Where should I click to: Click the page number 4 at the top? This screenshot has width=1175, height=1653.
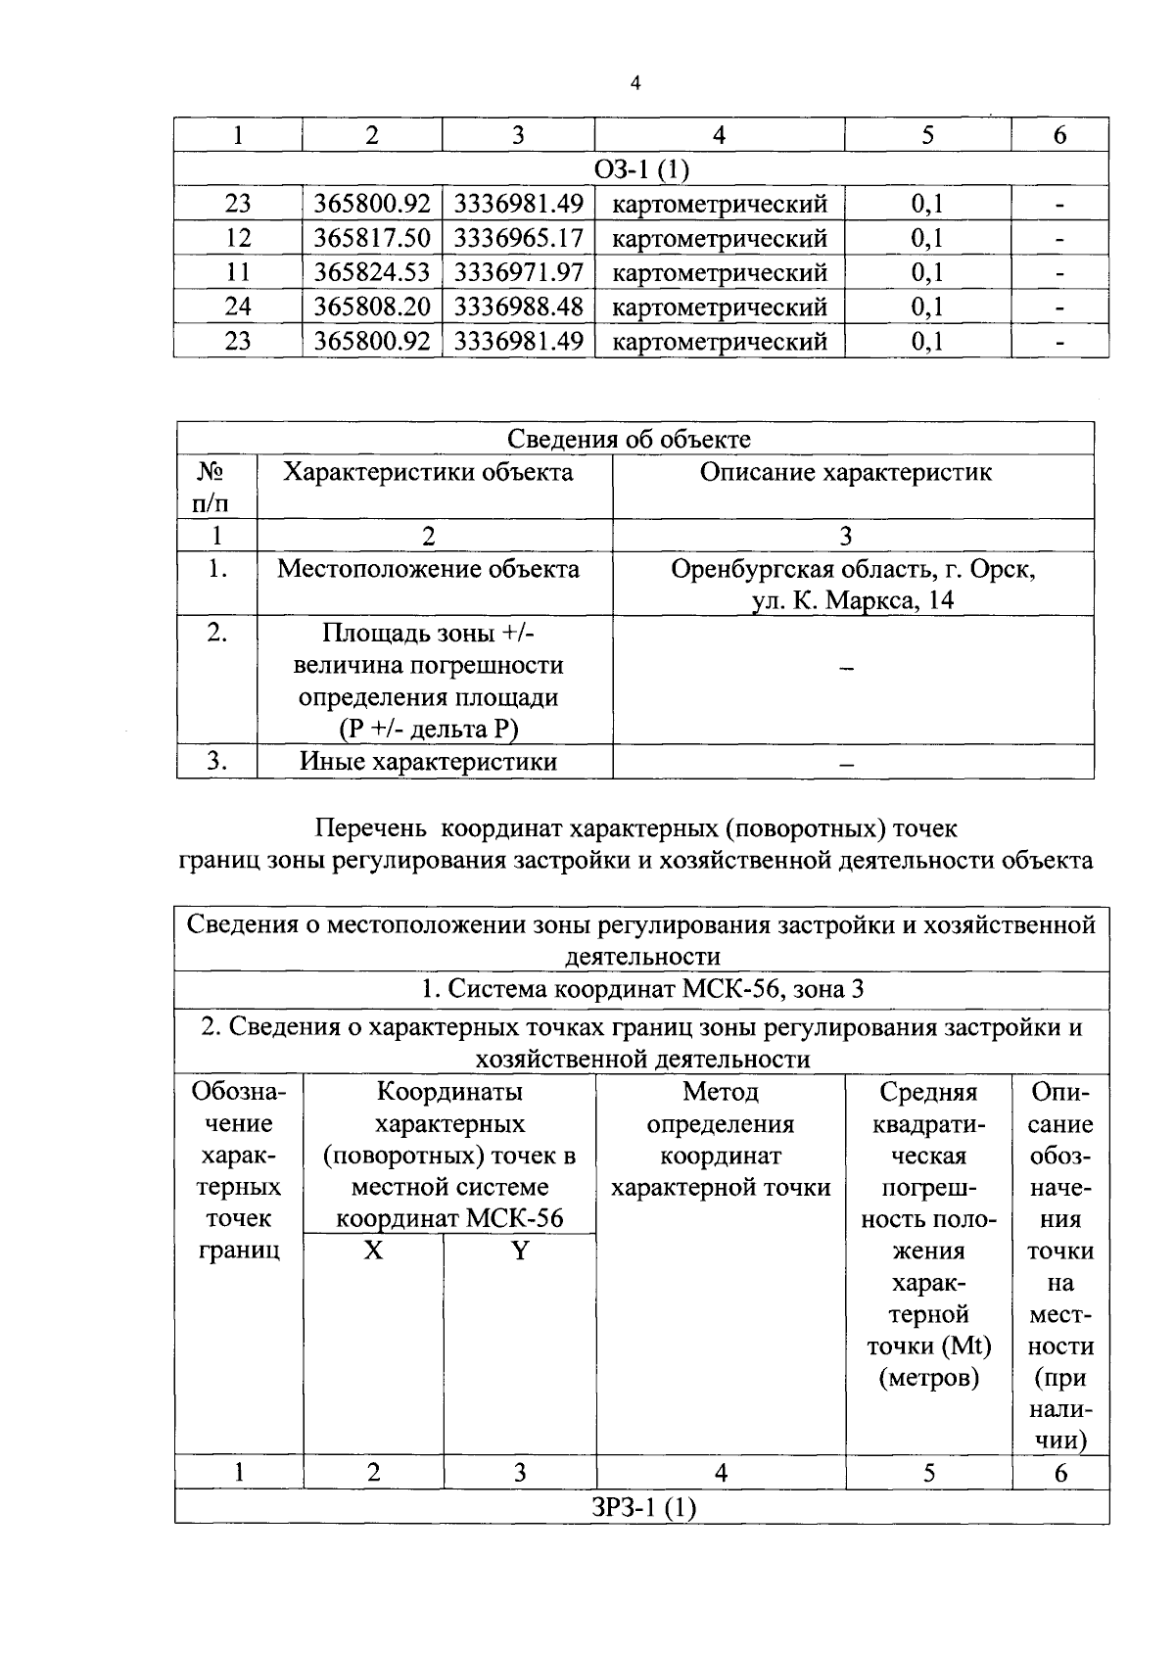[x=635, y=84]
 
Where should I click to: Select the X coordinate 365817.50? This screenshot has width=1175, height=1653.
[x=372, y=238]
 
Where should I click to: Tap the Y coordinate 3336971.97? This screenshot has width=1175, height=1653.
[x=519, y=272]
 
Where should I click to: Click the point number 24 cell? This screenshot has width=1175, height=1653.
[x=238, y=307]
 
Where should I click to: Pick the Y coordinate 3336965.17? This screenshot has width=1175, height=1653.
[x=519, y=238]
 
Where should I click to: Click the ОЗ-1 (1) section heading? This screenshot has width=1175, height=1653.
[x=641, y=169]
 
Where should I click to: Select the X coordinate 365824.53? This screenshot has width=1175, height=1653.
[x=372, y=272]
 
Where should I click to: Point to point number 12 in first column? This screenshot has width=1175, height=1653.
[x=238, y=238]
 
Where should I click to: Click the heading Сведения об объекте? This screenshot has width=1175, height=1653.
[x=629, y=440]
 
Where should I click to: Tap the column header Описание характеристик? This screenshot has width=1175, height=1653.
[x=845, y=473]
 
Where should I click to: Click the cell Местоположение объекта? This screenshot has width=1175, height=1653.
[x=428, y=569]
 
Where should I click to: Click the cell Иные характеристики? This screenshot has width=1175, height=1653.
[x=428, y=762]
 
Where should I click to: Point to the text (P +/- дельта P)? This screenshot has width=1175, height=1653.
[x=428, y=729]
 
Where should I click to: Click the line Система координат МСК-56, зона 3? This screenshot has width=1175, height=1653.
[x=641, y=989]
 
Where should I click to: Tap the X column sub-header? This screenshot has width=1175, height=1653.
[x=373, y=1251]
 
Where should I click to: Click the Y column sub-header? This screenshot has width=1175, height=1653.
[x=520, y=1251]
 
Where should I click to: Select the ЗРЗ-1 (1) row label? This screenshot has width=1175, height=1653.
[x=641, y=1507]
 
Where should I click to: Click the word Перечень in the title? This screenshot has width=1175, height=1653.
[x=370, y=828]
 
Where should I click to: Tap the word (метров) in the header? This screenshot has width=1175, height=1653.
[x=928, y=1379]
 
